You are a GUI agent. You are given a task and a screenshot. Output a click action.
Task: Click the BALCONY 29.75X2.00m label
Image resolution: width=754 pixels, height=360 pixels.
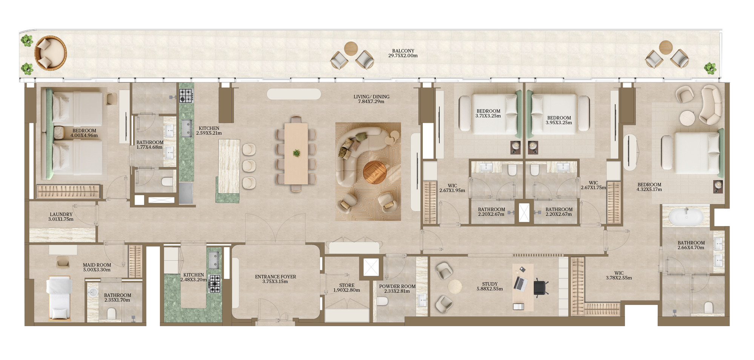pos(403,53)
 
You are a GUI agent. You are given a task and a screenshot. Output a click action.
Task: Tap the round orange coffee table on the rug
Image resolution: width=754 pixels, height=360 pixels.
pos(375,172)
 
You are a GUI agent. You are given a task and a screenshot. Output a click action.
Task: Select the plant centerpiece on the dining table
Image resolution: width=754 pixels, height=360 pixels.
pos(296,153)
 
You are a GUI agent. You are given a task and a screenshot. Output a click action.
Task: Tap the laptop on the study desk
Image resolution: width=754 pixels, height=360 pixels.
pos(520,283)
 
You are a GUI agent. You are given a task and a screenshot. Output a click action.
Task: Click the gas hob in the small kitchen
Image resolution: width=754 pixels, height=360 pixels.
pos(215,284)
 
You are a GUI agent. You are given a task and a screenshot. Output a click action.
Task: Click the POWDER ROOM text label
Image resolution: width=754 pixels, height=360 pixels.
pos(397,286)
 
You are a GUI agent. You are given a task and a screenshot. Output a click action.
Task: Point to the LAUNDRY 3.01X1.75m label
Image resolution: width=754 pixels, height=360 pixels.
pos(61,217)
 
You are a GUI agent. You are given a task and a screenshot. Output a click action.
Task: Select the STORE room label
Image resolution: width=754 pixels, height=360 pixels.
pos(347,285)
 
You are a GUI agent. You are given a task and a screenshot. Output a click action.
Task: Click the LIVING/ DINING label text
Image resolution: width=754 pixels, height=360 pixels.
pos(371,97)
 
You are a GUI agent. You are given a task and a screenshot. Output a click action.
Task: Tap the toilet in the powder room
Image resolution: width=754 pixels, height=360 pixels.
pos(382,301)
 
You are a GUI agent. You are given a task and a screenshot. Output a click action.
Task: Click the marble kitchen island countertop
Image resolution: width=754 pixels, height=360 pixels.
pos(229,166)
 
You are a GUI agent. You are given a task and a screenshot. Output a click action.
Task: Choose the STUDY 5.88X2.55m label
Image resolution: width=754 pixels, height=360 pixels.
pos(490,286)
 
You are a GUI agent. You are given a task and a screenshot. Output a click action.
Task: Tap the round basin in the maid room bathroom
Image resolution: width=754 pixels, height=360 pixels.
pos(93,292)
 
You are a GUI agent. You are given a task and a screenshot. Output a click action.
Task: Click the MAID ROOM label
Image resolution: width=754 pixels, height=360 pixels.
pos(97,265)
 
